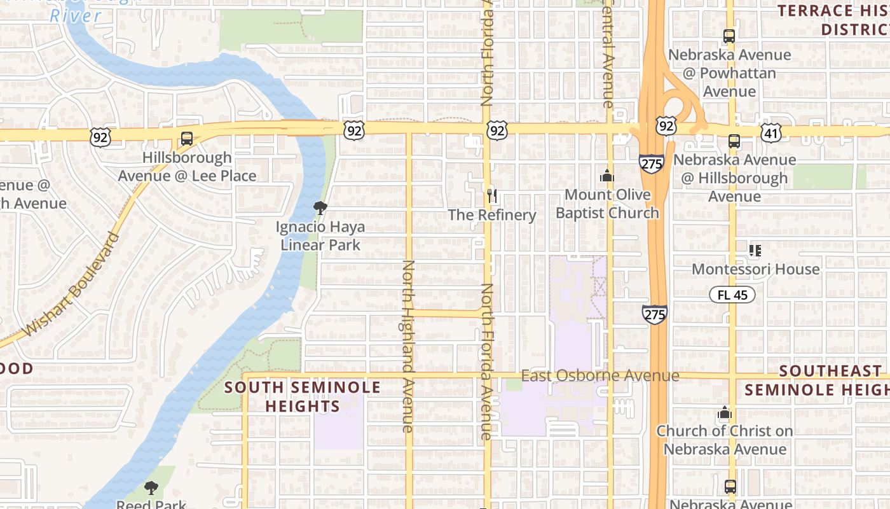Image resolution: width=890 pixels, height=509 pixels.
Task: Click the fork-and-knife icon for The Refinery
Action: point(491,196)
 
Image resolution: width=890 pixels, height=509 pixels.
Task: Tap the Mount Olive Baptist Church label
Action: point(607,204)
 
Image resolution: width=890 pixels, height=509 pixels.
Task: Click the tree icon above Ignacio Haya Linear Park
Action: point(320,208)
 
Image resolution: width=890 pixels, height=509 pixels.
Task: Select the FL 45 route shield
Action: point(732,295)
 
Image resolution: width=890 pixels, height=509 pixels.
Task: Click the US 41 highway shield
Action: point(771,132)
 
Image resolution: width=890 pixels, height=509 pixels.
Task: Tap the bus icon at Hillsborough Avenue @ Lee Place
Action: point(187,138)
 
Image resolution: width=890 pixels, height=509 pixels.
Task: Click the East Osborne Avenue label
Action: point(600,376)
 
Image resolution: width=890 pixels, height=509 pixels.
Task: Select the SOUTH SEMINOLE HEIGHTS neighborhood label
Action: point(303,396)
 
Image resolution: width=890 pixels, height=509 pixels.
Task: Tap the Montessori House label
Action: point(755,269)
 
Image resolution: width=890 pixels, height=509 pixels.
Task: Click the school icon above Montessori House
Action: point(755,251)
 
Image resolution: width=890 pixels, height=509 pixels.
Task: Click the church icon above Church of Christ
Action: point(724,414)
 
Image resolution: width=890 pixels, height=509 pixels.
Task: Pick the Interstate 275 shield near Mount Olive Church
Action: point(652,163)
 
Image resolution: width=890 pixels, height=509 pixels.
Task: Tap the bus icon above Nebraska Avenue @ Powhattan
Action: point(729,36)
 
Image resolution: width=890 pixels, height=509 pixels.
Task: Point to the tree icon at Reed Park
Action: point(151,488)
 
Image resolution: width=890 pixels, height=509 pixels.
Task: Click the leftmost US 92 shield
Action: point(100,136)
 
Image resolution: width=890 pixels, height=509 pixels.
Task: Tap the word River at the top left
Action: point(75,15)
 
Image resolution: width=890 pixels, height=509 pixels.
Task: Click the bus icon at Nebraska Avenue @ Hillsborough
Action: point(734,141)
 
